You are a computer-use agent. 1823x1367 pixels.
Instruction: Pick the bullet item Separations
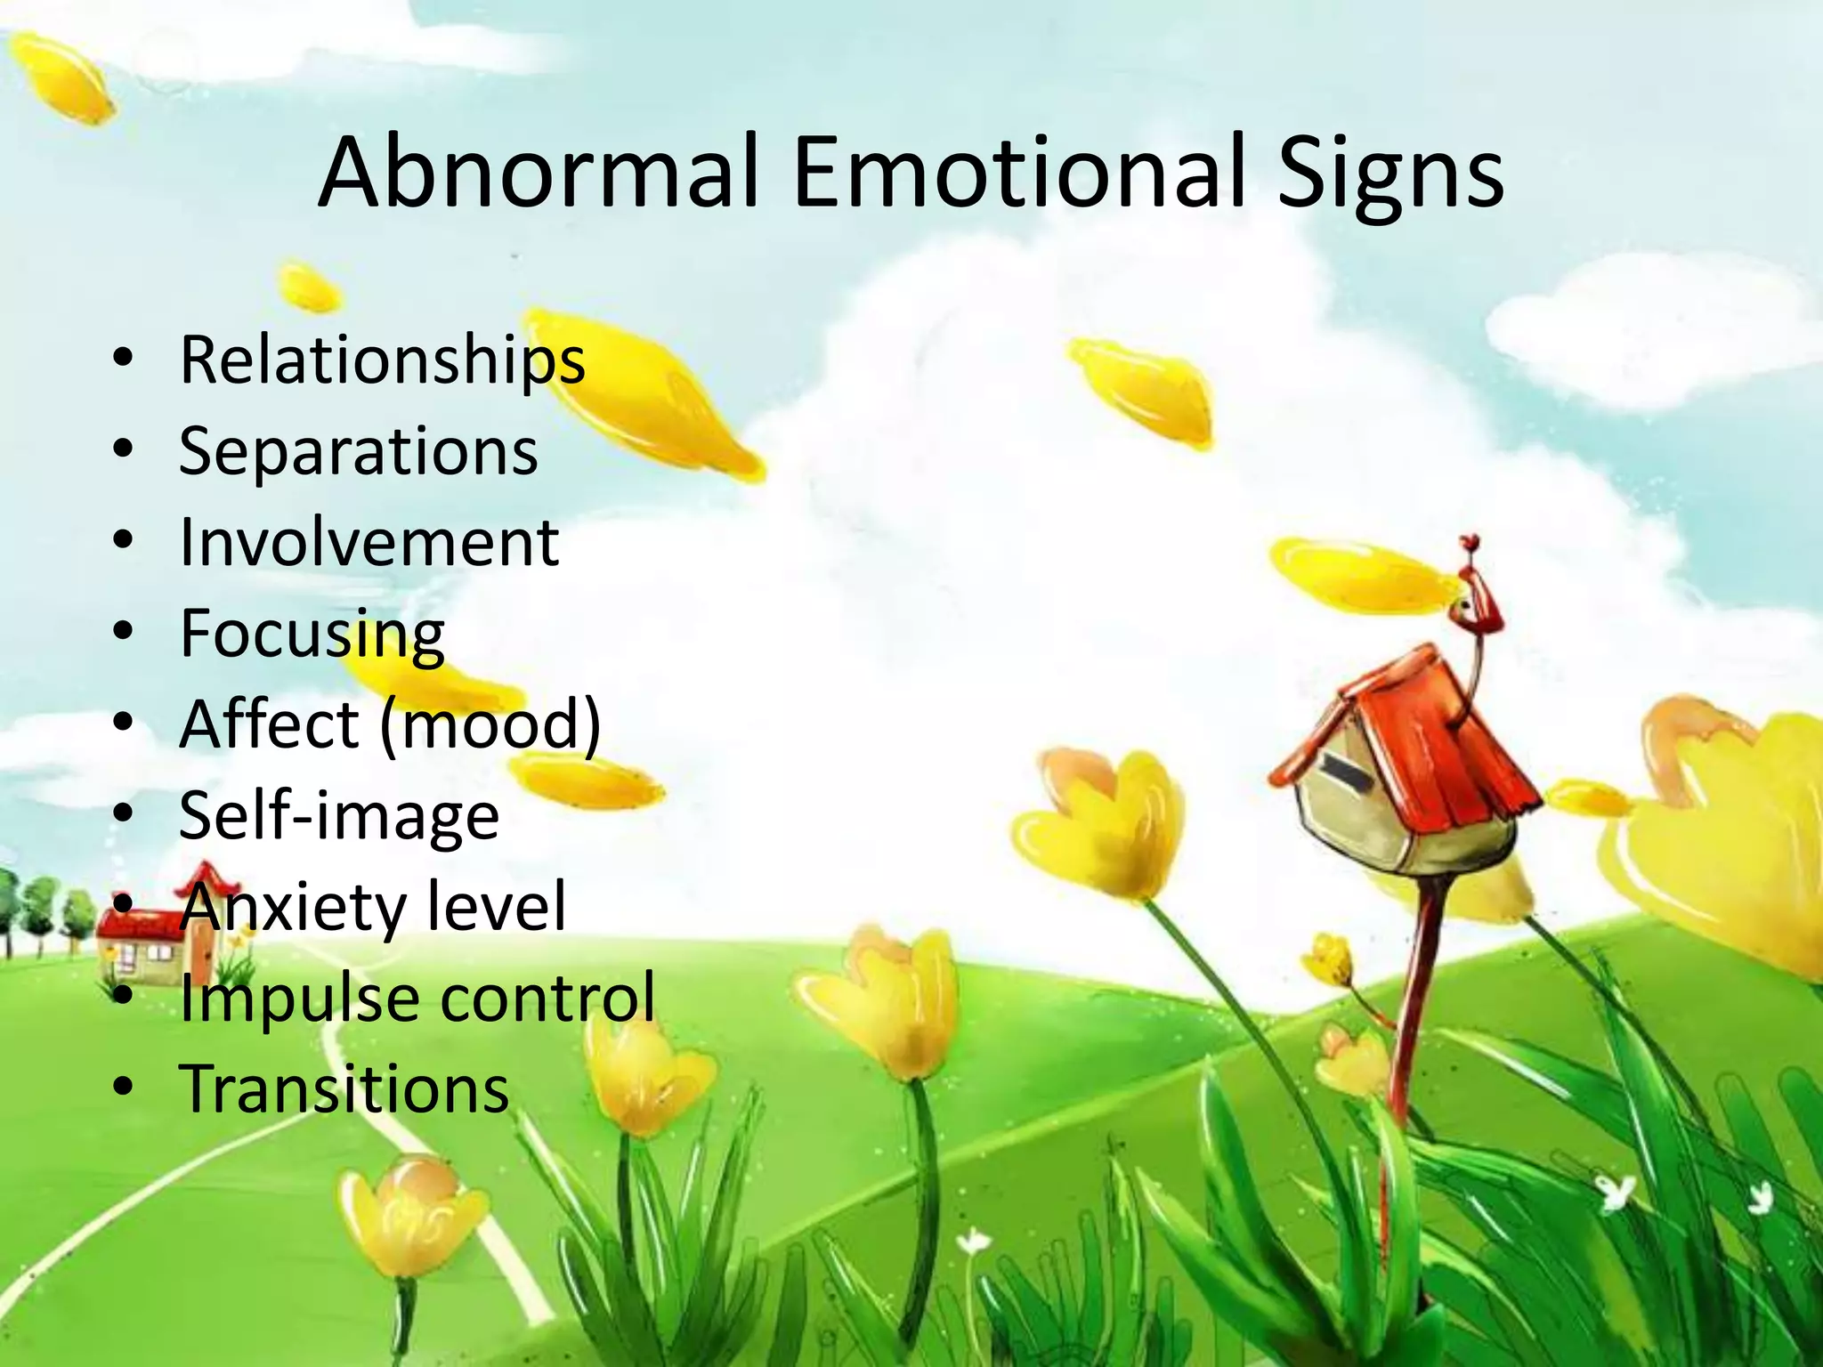(359, 451)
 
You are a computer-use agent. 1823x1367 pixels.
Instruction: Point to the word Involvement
(369, 542)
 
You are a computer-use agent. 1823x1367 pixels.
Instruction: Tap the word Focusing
(312, 635)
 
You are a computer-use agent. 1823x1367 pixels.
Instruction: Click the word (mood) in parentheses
(490, 725)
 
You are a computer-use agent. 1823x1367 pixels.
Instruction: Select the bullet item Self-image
(339, 817)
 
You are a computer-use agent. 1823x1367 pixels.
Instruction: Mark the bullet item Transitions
(344, 1088)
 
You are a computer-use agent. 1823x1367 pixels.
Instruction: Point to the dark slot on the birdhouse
(1345, 770)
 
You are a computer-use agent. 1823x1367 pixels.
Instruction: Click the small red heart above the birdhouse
(1471, 541)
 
